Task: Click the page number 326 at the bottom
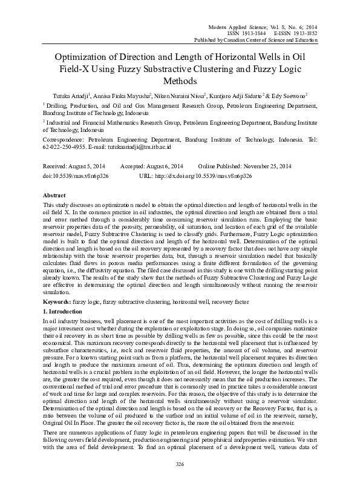coord(179,464)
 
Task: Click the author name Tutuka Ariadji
coord(67,96)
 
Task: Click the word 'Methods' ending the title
coord(180,80)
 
